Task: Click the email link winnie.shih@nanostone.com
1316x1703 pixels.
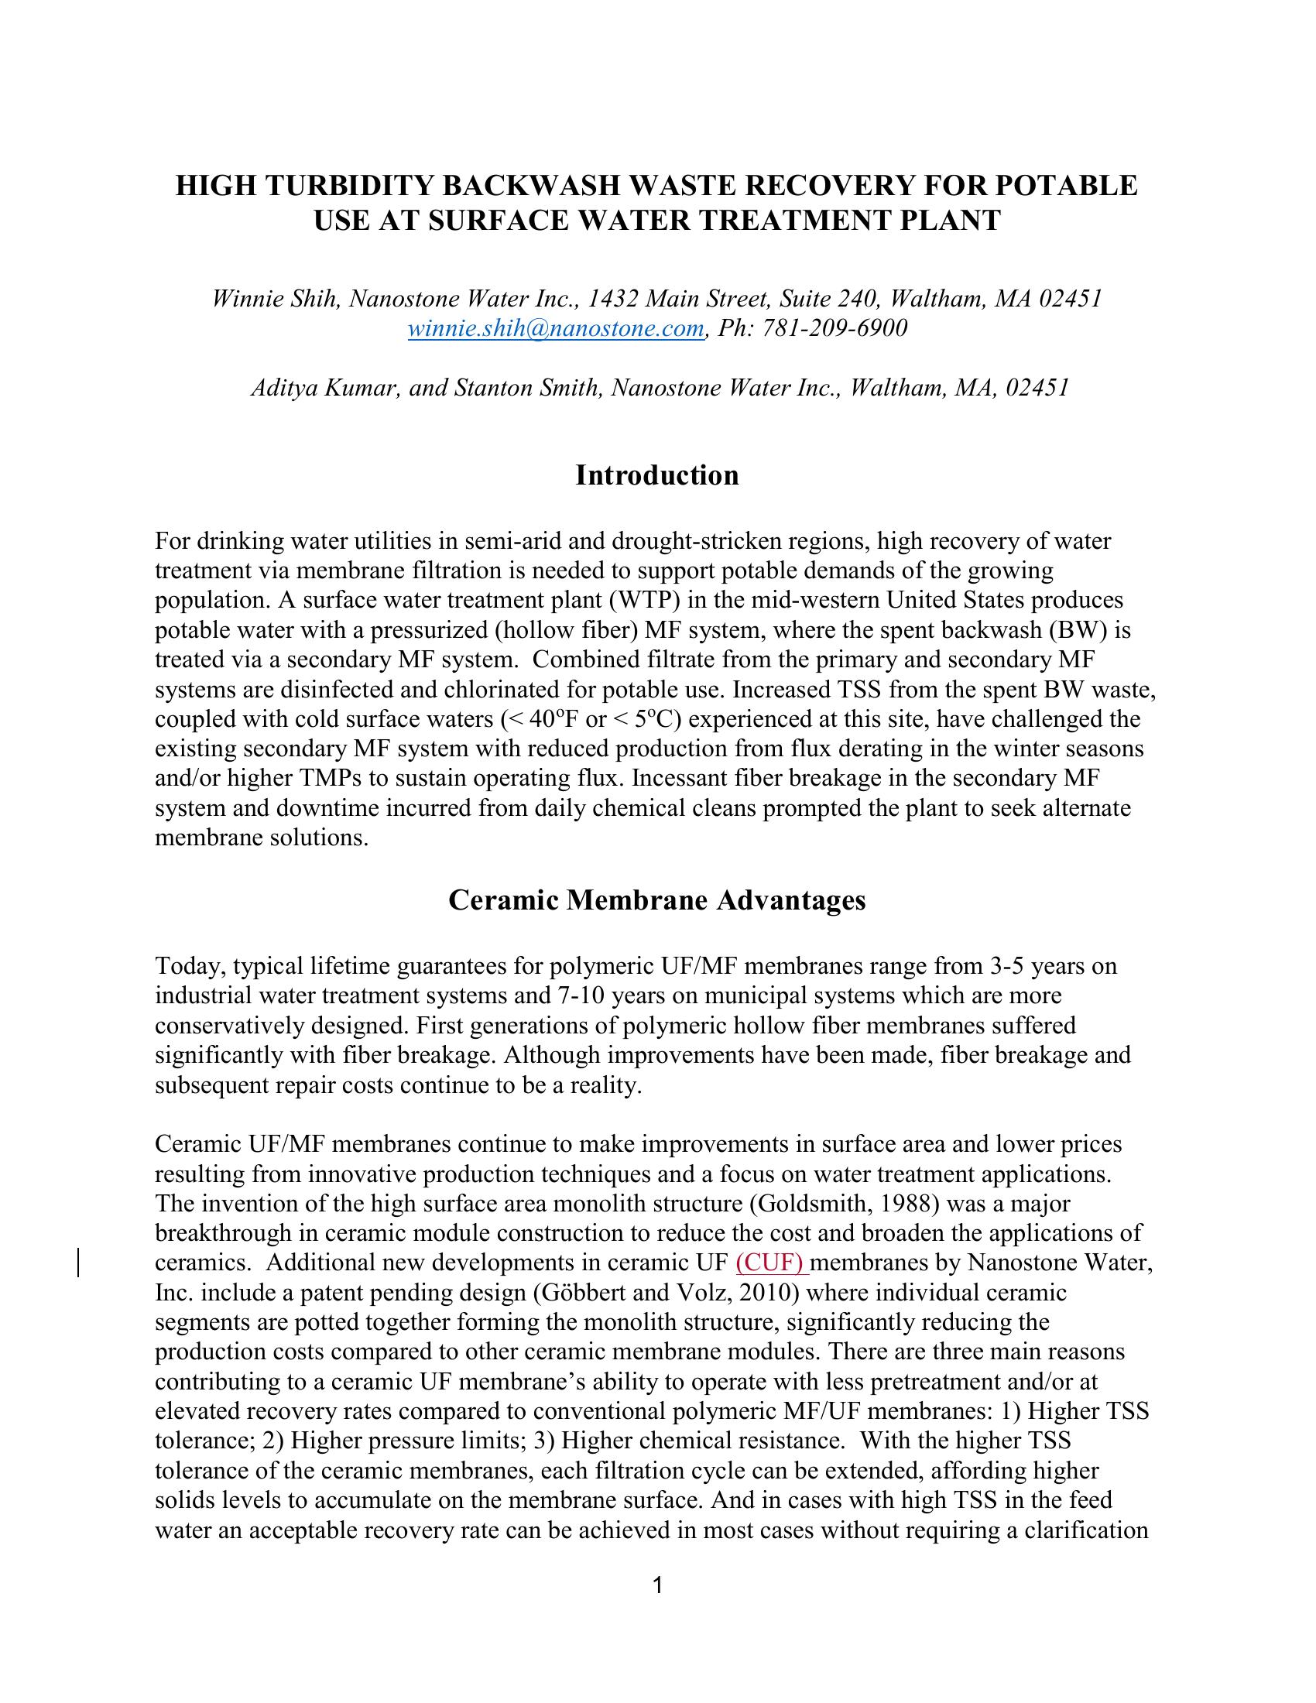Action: (x=556, y=328)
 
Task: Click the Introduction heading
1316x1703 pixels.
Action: (x=657, y=475)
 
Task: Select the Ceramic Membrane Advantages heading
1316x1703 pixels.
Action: (x=657, y=899)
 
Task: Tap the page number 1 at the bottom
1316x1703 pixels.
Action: (x=657, y=1585)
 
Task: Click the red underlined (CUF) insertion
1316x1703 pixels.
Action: (x=771, y=1263)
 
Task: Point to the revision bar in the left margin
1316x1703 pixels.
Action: (x=80, y=1263)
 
